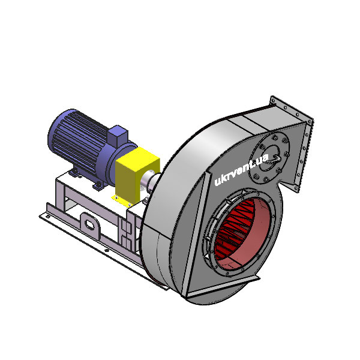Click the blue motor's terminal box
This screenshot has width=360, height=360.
[x=118, y=136]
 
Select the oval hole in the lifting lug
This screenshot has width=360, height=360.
[x=90, y=224]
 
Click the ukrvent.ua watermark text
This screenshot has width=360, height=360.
[x=241, y=169]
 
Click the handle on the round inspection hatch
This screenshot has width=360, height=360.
[x=276, y=158]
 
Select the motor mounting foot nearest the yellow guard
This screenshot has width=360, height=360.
[x=98, y=185]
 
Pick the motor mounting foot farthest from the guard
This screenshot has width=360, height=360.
[x=74, y=172]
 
